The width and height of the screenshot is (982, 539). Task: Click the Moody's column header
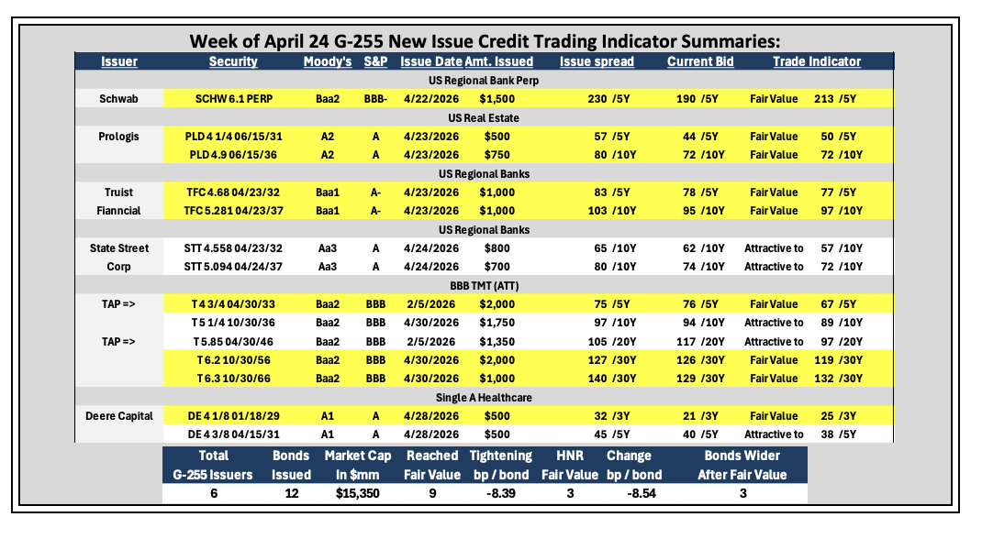(328, 61)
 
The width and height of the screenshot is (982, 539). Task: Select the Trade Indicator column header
(817, 61)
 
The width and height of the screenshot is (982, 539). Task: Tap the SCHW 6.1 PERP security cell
(234, 99)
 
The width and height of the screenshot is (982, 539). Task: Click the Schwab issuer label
(118, 99)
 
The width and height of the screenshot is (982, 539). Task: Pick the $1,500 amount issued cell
(497, 99)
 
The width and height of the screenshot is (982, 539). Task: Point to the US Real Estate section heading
(484, 117)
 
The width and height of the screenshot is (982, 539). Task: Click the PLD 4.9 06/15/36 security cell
(233, 154)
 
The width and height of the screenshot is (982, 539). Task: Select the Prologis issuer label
(118, 137)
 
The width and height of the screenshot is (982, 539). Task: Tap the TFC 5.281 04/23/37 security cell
(233, 211)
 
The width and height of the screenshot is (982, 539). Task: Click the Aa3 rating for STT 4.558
(328, 248)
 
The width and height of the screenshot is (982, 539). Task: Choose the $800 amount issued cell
(497, 248)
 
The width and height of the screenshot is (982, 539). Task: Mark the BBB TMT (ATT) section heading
(484, 286)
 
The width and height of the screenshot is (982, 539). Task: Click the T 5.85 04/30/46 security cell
(233, 341)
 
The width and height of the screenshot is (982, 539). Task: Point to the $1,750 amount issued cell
(497, 323)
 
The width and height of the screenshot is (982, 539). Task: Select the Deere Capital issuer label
(119, 416)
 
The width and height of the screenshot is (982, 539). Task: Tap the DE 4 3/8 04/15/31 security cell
(234, 434)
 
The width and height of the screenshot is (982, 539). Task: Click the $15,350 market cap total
(358, 493)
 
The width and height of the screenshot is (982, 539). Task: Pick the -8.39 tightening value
(501, 493)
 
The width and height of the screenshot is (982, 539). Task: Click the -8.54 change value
(642, 493)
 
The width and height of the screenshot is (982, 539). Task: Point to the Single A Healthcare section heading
(484, 398)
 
